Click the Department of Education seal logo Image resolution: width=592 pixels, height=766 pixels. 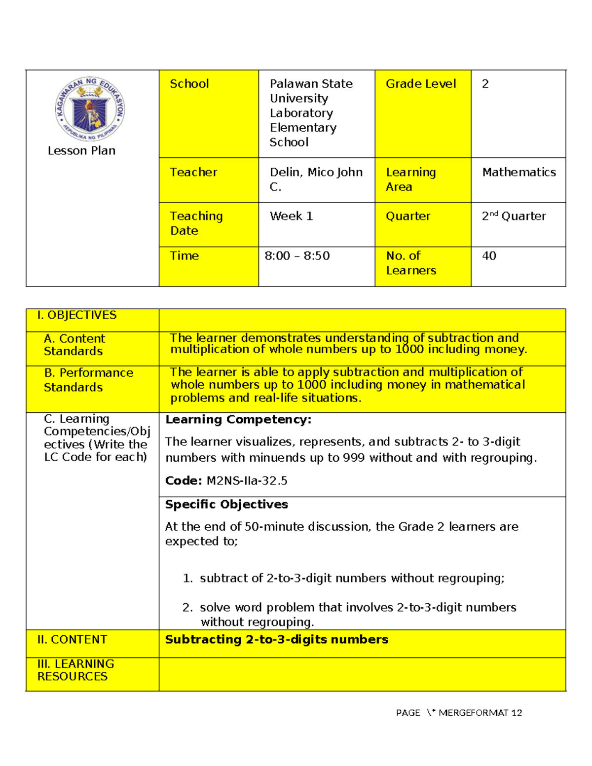[90, 109]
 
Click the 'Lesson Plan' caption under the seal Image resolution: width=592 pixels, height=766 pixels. [81, 151]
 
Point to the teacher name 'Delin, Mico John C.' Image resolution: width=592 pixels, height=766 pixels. [316, 179]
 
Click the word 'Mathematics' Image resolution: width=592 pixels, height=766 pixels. [519, 172]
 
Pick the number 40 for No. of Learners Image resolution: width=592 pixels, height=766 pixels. [489, 255]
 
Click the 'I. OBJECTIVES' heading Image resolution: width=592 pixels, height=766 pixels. [77, 315]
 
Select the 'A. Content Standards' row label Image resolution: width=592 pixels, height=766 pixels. [74, 345]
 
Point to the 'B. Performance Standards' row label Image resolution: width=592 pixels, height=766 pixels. [88, 380]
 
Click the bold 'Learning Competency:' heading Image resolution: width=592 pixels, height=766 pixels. [238, 420]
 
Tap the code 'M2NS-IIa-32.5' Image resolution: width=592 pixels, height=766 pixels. [247, 481]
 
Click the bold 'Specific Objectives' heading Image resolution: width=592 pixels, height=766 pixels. [226, 505]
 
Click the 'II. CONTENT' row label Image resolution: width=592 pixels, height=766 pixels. [72, 640]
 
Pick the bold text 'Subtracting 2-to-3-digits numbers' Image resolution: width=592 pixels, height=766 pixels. [276, 640]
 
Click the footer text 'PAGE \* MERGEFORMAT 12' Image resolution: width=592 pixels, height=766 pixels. [459, 713]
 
